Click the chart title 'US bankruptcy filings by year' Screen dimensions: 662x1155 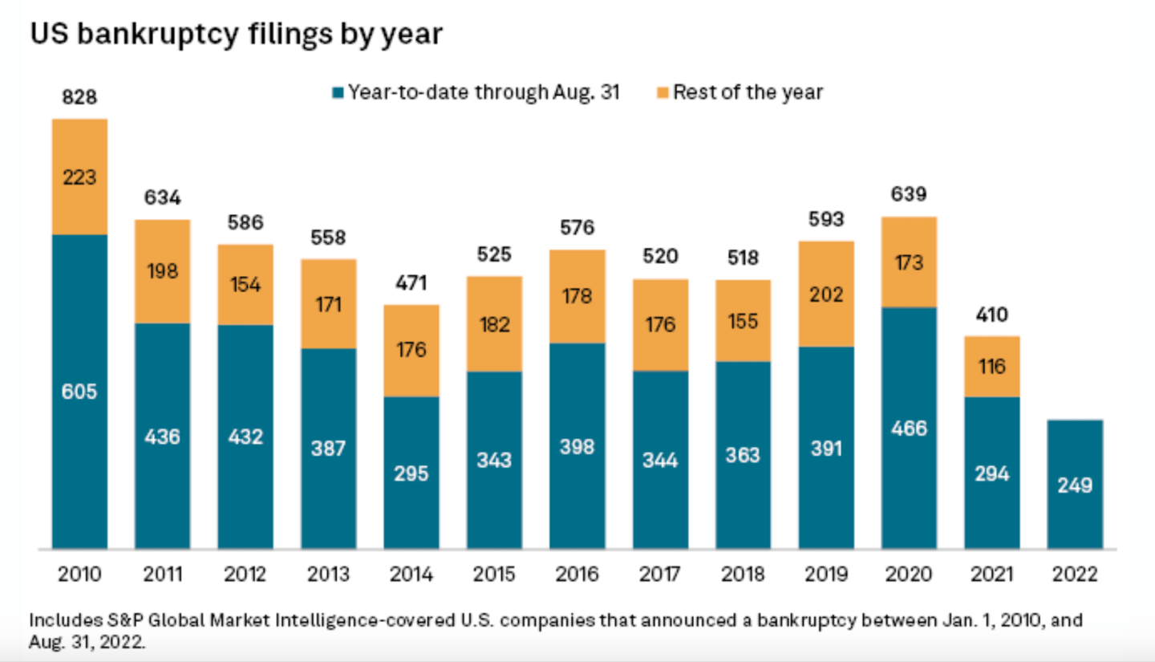236,35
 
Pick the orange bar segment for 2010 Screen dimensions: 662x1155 79,177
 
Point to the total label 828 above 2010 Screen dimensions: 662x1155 79,98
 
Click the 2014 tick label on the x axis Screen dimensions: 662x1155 411,575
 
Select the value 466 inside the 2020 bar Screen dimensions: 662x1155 909,428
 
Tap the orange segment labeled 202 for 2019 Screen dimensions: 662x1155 826,294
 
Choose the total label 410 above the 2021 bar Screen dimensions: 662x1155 992,314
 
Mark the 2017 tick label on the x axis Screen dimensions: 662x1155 660,575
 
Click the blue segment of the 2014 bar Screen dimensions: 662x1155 411,473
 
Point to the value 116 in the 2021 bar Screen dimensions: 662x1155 992,366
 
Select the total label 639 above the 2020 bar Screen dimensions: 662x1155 909,195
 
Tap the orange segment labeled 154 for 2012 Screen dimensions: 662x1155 245,285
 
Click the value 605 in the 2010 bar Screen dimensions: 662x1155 79,392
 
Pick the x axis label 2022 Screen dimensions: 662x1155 1075,575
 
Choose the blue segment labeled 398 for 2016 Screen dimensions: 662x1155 577,446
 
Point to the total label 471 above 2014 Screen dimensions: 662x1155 411,282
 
